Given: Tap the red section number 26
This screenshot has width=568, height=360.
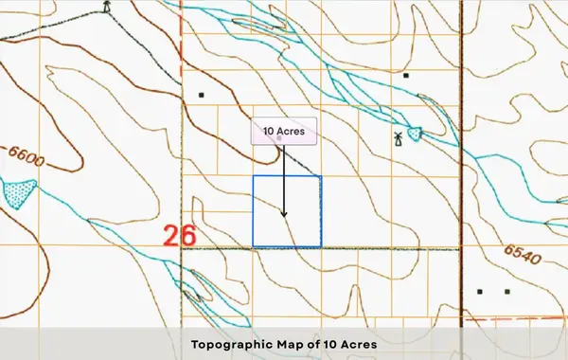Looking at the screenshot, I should (179, 235).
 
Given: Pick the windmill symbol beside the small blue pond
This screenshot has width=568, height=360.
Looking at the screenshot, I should (399, 138).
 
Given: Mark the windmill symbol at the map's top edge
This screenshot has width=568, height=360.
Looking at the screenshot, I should (107, 7).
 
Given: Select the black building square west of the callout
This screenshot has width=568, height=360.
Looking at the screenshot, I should (201, 95).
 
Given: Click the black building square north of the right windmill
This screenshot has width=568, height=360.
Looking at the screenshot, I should (405, 75).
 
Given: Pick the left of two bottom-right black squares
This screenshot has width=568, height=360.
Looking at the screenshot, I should (480, 292).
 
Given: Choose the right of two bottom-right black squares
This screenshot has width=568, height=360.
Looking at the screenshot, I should (506, 292).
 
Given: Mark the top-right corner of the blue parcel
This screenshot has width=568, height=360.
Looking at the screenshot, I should (321, 176).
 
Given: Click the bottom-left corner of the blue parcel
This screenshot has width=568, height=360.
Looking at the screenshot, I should (253, 248).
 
